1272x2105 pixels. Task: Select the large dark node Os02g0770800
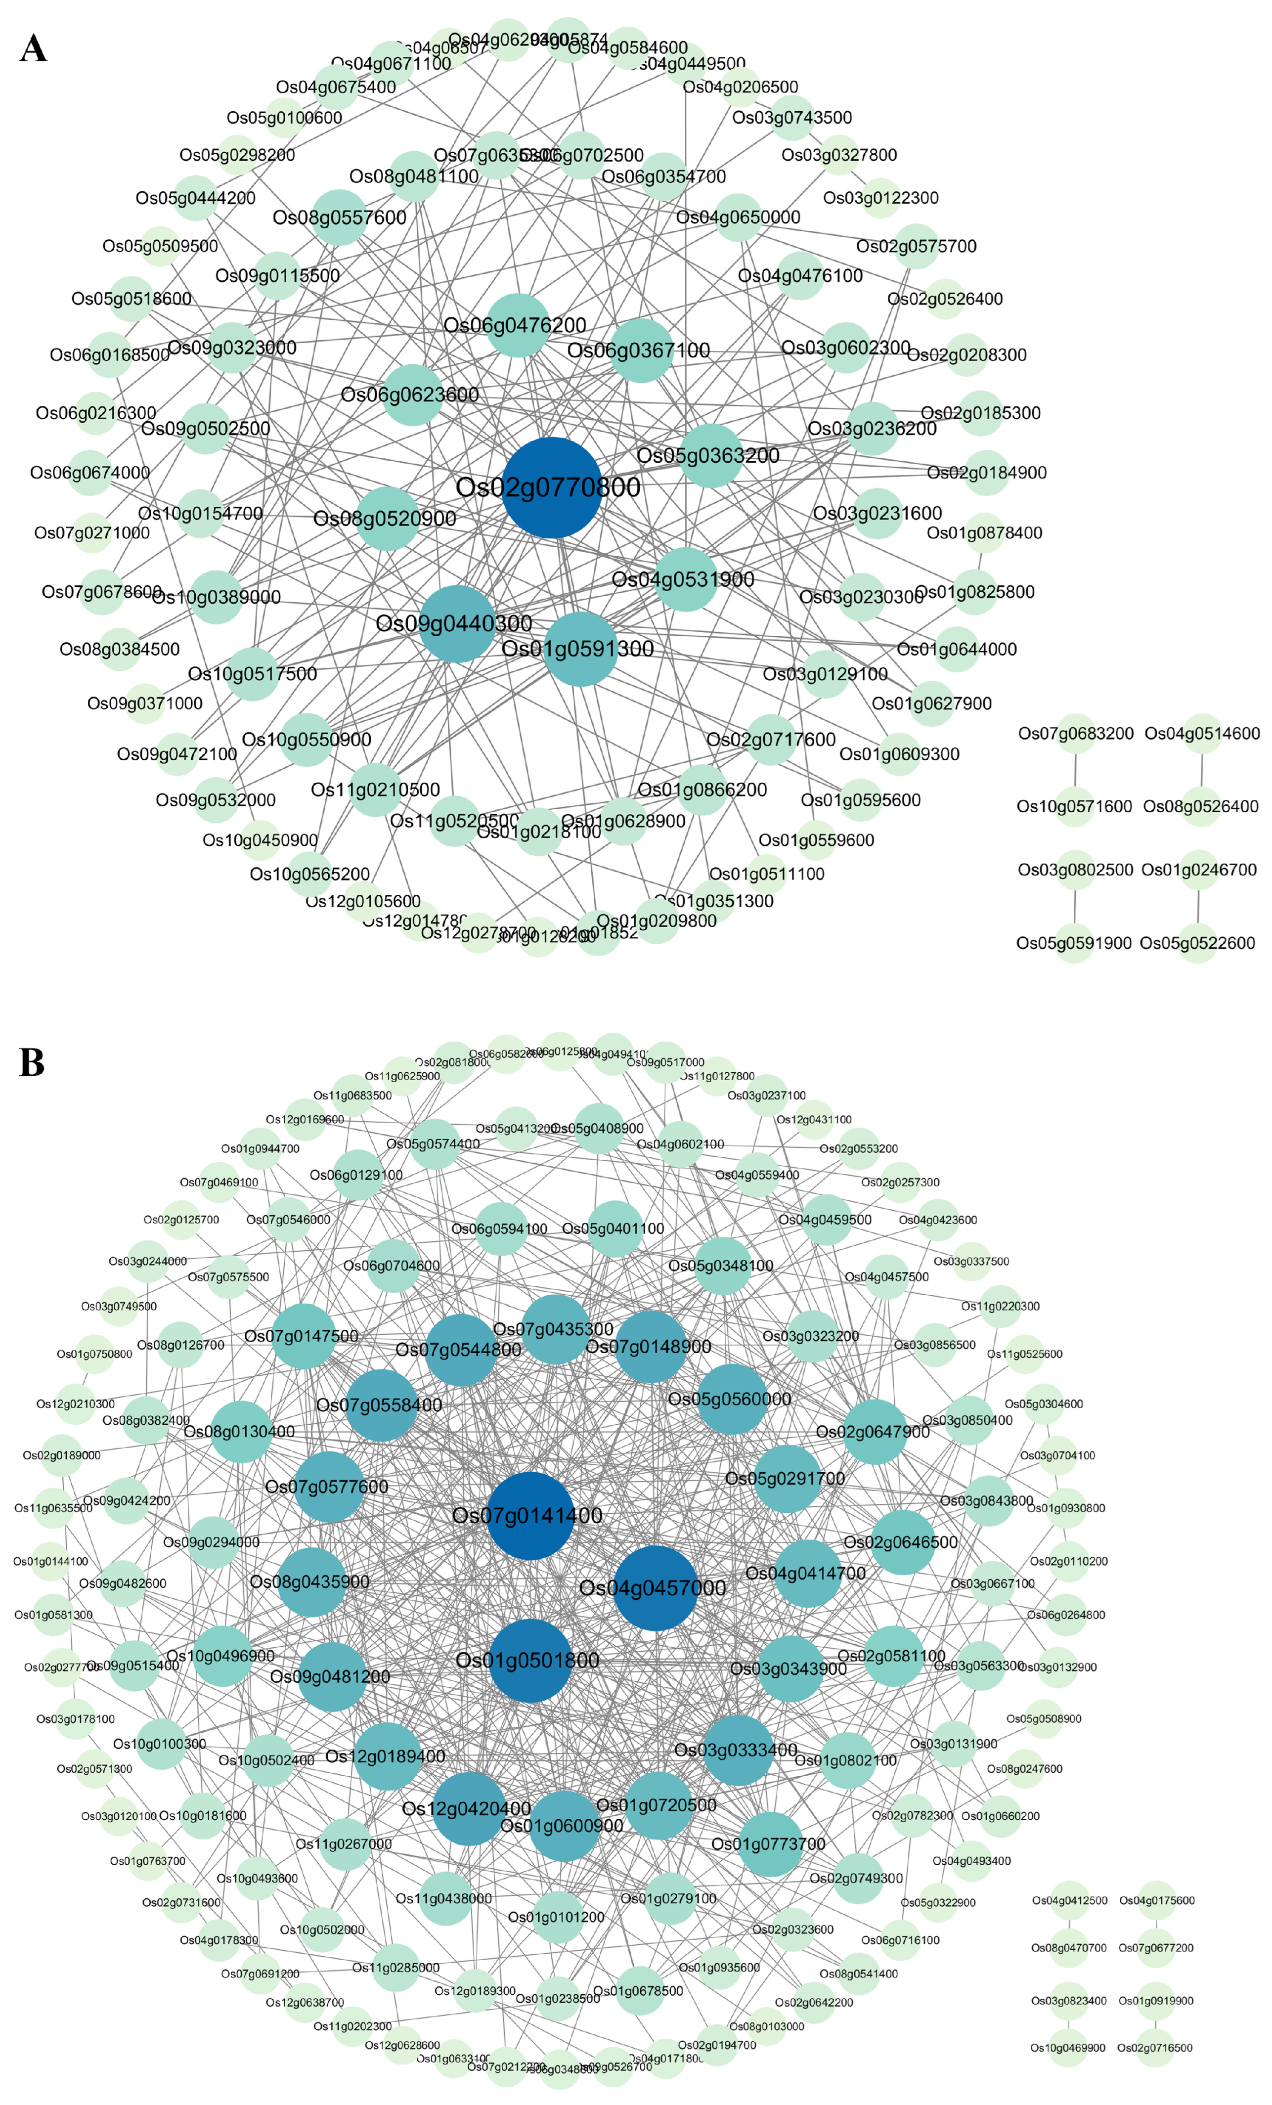coord(552,488)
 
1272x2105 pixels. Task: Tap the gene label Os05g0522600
coord(1197,943)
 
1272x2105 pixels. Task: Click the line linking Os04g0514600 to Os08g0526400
coord(1202,771)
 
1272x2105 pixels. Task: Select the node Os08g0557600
coord(340,218)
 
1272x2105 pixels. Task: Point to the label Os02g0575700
coord(916,246)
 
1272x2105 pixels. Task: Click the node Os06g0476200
coord(517,325)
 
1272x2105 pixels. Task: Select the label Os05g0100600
coord(284,118)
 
